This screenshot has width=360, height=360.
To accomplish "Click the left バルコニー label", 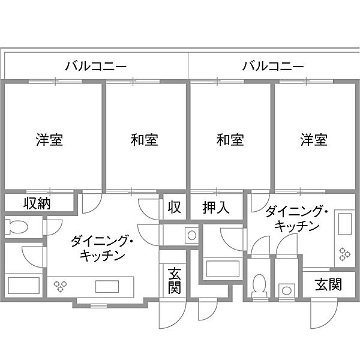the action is point(96,67).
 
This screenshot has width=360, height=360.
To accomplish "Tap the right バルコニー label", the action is point(273,67).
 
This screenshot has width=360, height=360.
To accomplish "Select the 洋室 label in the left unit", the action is point(49,140).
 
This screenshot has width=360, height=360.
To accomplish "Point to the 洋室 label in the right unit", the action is point(314,140).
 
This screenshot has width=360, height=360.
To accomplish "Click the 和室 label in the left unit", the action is point(145,140).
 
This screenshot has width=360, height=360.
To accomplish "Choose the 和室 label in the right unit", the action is point(230,140).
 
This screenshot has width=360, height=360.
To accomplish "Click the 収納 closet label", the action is point(37,203).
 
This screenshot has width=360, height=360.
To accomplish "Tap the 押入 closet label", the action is point(216,208).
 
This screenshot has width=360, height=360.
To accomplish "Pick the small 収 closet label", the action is point(174,207).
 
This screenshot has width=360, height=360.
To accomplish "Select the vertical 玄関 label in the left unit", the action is point(175,281).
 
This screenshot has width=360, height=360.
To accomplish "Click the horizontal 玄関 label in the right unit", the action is point(329,284).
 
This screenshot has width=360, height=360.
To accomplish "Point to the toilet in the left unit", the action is point(16,227).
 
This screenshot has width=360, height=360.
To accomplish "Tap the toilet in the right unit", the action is point(260,286).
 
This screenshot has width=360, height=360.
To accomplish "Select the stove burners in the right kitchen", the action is point(345,254).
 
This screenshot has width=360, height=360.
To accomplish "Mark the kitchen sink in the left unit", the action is point(107,287).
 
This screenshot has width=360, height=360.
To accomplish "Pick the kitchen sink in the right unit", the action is point(345,224).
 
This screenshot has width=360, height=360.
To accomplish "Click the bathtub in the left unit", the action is point(23,286).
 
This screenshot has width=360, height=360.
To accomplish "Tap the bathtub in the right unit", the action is point(223,269).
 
